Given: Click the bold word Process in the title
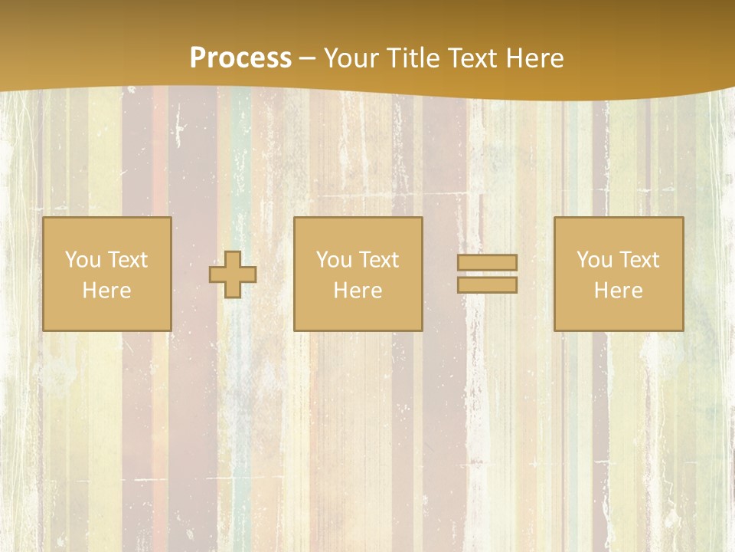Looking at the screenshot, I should [x=240, y=58].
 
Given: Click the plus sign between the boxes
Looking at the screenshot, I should [x=233, y=274].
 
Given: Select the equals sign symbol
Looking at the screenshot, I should [x=487, y=274].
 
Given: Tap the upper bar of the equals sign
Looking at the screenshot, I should [x=487, y=263].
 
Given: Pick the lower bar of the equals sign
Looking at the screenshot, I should [x=487, y=285].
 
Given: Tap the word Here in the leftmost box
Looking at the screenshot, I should [x=106, y=291].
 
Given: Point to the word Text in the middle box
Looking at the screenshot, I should [x=379, y=260].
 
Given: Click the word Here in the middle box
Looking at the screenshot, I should [x=358, y=291].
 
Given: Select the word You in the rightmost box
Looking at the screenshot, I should [x=594, y=260].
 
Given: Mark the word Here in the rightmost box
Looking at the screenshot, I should [x=618, y=291].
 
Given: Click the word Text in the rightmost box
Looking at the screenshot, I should [x=639, y=260].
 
